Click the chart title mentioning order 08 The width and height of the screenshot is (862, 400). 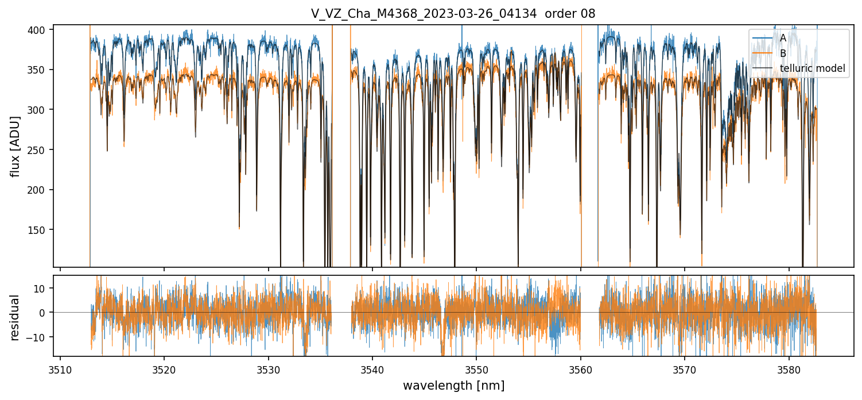(x=453, y=14)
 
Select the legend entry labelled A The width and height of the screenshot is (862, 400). (x=783, y=38)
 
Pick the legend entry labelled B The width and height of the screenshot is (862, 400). (x=783, y=53)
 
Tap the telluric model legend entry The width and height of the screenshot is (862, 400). (x=812, y=69)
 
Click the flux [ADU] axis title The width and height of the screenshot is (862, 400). (x=15, y=146)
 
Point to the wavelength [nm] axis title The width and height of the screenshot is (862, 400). (x=453, y=386)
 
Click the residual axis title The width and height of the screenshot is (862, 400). (x=15, y=317)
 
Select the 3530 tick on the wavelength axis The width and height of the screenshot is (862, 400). (x=269, y=369)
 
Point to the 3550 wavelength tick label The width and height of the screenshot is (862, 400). (x=476, y=369)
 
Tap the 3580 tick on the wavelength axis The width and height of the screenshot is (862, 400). (x=789, y=369)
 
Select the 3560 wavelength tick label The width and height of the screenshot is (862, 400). (x=581, y=369)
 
